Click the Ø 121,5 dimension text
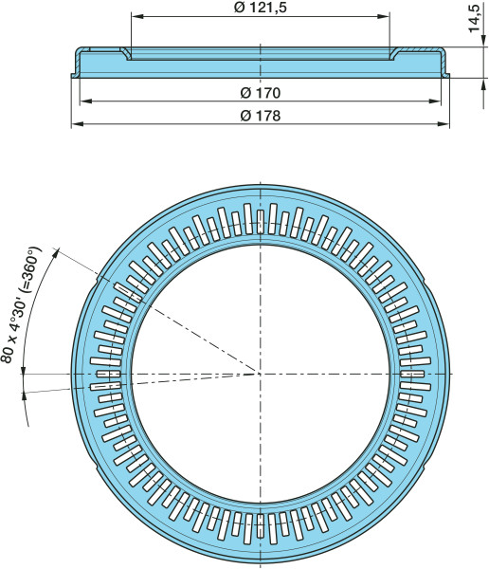260,8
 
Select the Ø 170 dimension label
260,93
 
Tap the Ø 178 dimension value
260,116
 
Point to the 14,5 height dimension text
474,17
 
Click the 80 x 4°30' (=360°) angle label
21,304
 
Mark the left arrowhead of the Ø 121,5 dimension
137,16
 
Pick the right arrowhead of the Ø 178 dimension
444,124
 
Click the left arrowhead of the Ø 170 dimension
86,101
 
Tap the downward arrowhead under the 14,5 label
483,41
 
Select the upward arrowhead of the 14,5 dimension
483,84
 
